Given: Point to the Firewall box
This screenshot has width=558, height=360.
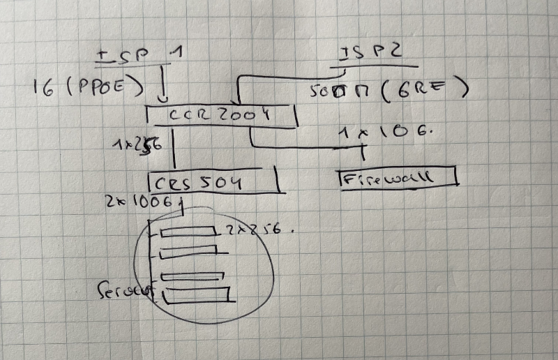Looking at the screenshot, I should pyautogui.click(x=398, y=177).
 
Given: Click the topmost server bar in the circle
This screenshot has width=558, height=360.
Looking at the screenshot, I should pyautogui.click(x=187, y=232).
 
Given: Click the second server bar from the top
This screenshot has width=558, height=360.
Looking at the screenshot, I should pyautogui.click(x=188, y=252).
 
